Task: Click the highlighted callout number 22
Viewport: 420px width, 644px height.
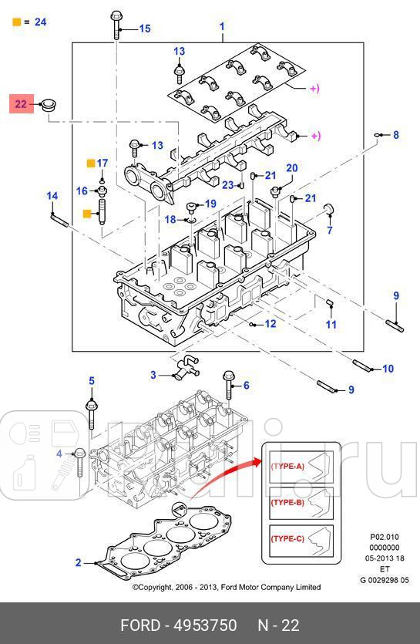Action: (21, 103)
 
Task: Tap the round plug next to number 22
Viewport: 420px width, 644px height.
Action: (51, 104)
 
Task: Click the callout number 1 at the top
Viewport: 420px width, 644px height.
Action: (222, 28)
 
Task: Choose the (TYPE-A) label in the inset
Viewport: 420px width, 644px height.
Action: (287, 467)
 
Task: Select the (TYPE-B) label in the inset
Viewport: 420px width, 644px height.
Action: (287, 502)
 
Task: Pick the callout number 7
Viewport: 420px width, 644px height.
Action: (329, 230)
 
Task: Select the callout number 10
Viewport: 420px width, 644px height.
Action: (388, 369)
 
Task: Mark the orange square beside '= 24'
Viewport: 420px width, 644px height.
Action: (16, 22)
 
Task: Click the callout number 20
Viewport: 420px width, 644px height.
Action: (291, 168)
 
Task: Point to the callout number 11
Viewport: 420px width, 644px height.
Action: (331, 325)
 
